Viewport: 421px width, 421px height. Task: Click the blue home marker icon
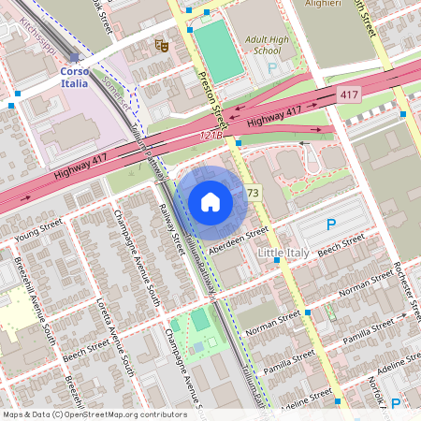210,202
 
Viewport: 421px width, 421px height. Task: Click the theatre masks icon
161,43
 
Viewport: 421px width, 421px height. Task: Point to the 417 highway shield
349,95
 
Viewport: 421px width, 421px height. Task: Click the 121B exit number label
212,136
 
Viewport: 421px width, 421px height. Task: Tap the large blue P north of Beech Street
330,225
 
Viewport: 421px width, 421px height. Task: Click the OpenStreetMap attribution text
94,414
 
